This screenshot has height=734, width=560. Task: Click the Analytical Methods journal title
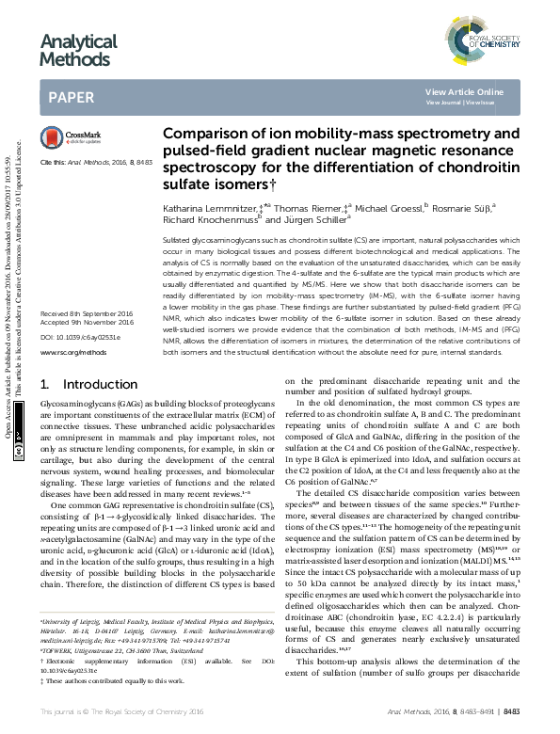point(78,51)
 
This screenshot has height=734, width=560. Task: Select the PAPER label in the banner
point(71,97)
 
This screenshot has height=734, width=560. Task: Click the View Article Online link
point(464,91)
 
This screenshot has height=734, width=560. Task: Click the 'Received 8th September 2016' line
point(88,311)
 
